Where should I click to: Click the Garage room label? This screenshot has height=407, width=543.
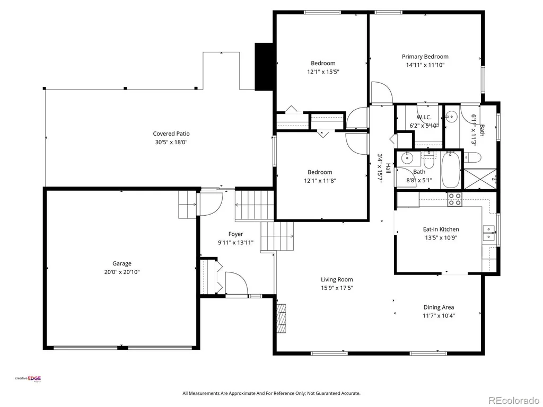[122, 263]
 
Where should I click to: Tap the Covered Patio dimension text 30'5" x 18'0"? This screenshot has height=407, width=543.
[171, 142]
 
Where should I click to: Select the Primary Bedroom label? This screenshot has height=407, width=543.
[425, 56]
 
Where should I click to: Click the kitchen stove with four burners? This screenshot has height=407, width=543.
[454, 199]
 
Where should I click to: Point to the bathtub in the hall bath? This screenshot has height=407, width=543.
[451, 170]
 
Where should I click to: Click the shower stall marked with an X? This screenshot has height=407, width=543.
[479, 179]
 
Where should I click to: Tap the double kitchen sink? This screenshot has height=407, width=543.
[488, 233]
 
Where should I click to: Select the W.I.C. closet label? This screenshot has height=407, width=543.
[424, 117]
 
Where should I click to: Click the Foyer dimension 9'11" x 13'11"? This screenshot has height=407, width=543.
[235, 243]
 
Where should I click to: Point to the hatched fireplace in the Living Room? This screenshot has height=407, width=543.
[282, 318]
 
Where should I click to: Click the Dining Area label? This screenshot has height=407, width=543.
[439, 307]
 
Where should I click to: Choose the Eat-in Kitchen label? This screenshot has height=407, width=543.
[441, 229]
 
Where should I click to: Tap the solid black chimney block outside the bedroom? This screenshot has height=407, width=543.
[264, 66]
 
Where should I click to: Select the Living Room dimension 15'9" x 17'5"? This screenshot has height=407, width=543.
[337, 288]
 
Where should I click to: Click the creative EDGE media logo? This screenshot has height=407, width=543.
[28, 378]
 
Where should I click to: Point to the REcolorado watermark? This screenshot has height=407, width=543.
[514, 401]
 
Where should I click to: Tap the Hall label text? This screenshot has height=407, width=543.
[388, 168]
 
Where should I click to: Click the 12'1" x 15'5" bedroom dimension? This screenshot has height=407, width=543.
[323, 72]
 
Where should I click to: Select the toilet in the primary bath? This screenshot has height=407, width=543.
[472, 157]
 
